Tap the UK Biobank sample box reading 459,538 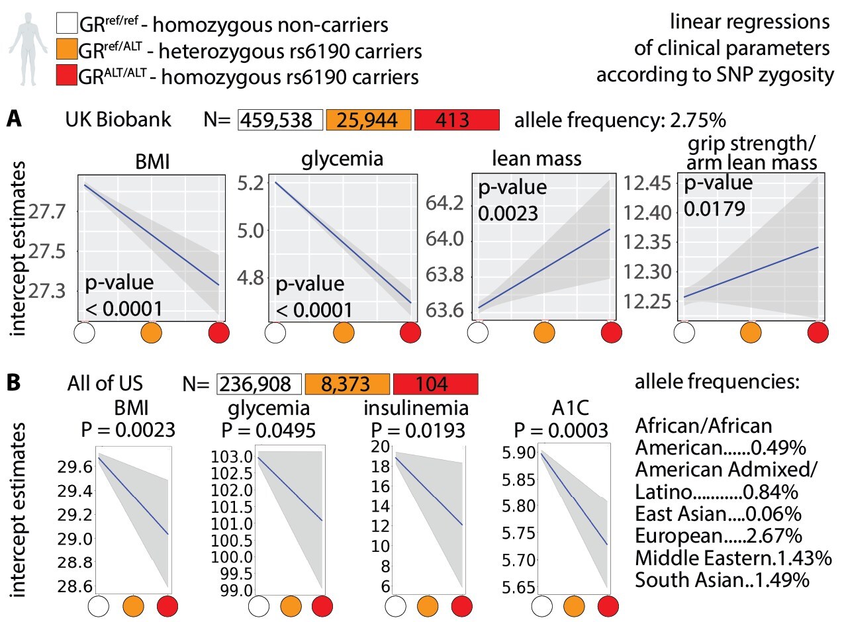click(281, 120)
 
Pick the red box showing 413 click(455, 120)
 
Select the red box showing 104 click(435, 384)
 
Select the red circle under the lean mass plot click(612, 332)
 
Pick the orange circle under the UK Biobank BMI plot click(152, 332)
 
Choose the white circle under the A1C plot click(542, 605)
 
